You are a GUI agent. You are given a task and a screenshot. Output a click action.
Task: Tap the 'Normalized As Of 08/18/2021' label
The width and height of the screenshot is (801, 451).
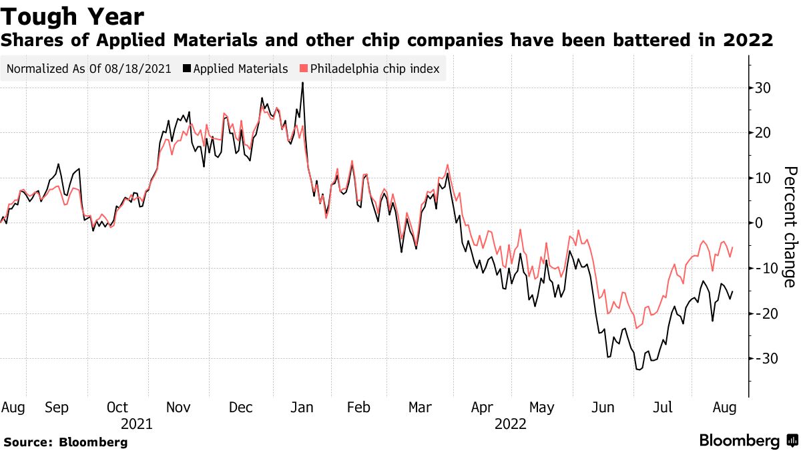coord(89,69)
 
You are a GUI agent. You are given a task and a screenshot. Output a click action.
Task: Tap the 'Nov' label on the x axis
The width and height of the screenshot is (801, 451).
coord(178,407)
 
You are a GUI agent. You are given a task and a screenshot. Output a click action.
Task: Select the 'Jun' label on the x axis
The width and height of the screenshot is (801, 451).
coord(603,407)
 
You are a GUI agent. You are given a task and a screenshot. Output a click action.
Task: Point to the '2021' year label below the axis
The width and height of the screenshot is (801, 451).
coord(137,424)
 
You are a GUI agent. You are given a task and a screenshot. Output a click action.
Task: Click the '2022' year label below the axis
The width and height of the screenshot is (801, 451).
coord(511,424)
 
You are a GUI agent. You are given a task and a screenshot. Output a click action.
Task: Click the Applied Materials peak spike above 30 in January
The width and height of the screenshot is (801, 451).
coord(302,84)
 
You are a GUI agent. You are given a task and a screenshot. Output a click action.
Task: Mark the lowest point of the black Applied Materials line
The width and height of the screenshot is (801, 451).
coord(638,369)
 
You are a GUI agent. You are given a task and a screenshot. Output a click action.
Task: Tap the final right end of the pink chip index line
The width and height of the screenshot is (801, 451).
coord(733,247)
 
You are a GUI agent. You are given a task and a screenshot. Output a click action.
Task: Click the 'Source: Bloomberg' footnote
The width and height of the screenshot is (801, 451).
coord(65,442)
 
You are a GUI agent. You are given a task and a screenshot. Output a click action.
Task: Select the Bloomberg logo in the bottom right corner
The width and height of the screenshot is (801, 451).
coord(748,441)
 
